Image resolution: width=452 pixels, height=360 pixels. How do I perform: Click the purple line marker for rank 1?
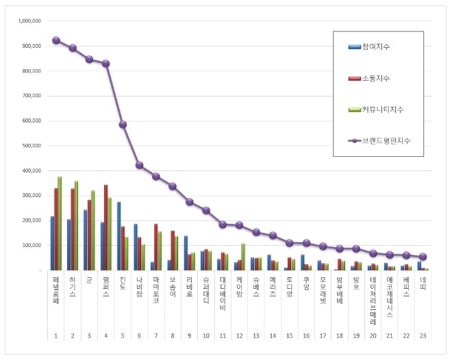(x=55, y=40)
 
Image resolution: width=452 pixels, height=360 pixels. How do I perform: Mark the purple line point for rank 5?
(x=123, y=125)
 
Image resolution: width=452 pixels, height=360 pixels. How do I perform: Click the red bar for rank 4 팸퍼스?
(x=105, y=227)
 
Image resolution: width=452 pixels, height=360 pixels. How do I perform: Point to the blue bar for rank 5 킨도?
(x=118, y=235)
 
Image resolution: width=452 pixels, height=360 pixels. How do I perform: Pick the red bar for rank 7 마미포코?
(x=155, y=246)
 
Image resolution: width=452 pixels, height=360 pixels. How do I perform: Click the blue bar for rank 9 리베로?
(x=185, y=253)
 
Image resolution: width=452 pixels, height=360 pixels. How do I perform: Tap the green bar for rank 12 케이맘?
(x=243, y=256)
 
